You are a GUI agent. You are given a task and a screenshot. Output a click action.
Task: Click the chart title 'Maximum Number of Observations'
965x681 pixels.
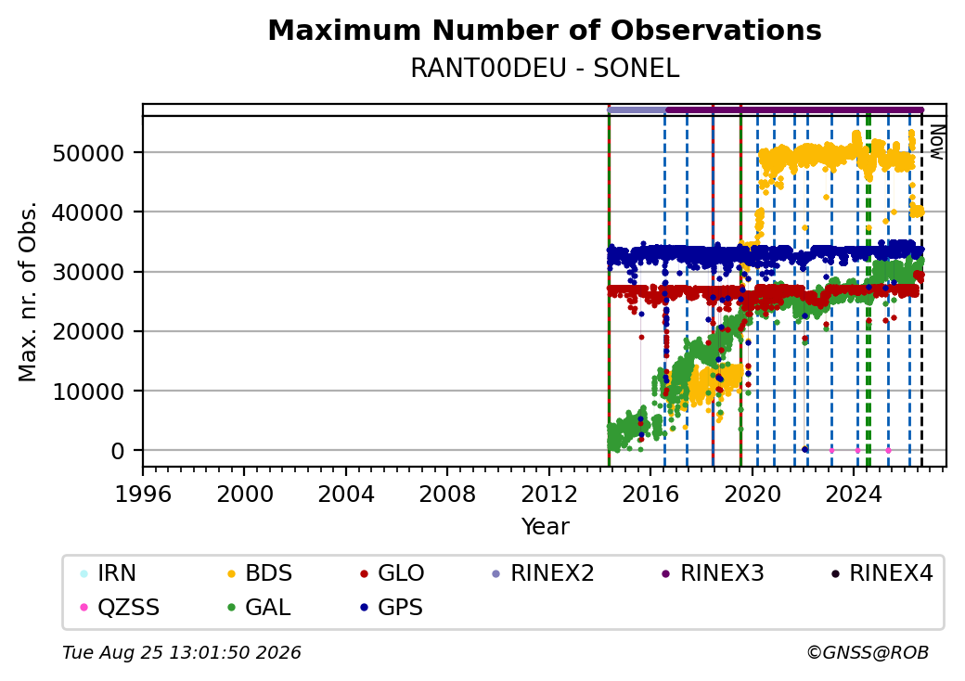tap(545, 30)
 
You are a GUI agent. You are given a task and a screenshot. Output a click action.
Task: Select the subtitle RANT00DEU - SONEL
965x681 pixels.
tap(545, 69)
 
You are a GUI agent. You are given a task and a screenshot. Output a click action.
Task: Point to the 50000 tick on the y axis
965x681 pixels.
tap(89, 153)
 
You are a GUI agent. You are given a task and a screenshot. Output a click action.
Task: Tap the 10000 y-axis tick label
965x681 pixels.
tap(89, 392)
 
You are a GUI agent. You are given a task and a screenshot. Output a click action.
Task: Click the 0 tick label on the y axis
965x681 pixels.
tap(118, 451)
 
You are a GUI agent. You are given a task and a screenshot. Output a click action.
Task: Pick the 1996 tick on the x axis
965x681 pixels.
tap(144, 494)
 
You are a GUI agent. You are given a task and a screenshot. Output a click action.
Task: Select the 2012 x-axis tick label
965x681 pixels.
tap(549, 494)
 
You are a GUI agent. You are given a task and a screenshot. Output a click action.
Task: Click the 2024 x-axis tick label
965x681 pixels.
tap(854, 494)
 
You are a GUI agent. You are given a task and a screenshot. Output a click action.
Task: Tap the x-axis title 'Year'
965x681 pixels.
tap(546, 527)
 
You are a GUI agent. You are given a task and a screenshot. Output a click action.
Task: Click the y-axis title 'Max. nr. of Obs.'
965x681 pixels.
tap(28, 291)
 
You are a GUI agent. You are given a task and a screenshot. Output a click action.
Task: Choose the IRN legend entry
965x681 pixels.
tap(109, 573)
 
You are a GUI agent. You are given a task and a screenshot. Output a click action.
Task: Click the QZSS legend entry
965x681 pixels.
tap(120, 608)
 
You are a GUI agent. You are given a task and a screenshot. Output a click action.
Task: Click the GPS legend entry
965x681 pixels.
tap(392, 608)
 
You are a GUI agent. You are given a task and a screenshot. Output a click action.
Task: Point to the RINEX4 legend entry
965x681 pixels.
tap(881, 573)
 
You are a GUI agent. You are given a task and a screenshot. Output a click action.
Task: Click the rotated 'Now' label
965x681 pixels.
tap(936, 142)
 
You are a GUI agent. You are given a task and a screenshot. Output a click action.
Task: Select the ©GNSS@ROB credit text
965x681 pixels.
tap(868, 652)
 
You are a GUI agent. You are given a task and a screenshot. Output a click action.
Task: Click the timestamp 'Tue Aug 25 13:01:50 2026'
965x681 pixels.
tap(182, 652)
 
